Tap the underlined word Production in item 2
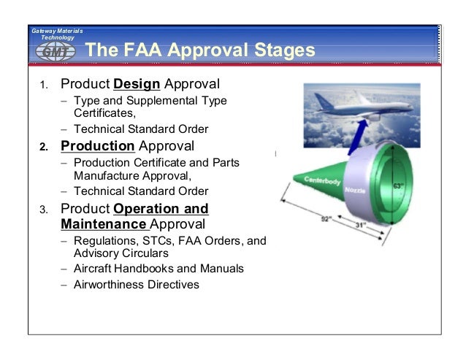click(x=97, y=146)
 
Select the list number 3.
click(x=43, y=211)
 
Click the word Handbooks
click(x=147, y=269)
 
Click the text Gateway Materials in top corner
click(x=57, y=31)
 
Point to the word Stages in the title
click(x=284, y=50)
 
